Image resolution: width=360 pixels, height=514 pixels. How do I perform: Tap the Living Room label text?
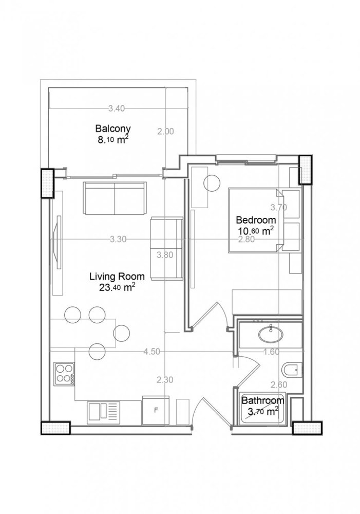point(117,276)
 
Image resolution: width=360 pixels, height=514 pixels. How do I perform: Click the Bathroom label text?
point(263,400)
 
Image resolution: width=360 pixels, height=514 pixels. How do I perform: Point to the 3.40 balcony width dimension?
point(117,108)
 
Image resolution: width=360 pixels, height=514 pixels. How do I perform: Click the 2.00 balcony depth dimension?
point(165,132)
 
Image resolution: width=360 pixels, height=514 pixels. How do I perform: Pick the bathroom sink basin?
point(270,334)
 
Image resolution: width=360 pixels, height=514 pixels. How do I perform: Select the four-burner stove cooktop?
point(64,373)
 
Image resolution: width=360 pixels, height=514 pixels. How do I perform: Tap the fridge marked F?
point(156,410)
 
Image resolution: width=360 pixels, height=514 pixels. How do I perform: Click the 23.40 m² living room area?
point(117,287)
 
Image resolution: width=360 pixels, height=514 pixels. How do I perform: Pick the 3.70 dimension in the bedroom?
point(279,208)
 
